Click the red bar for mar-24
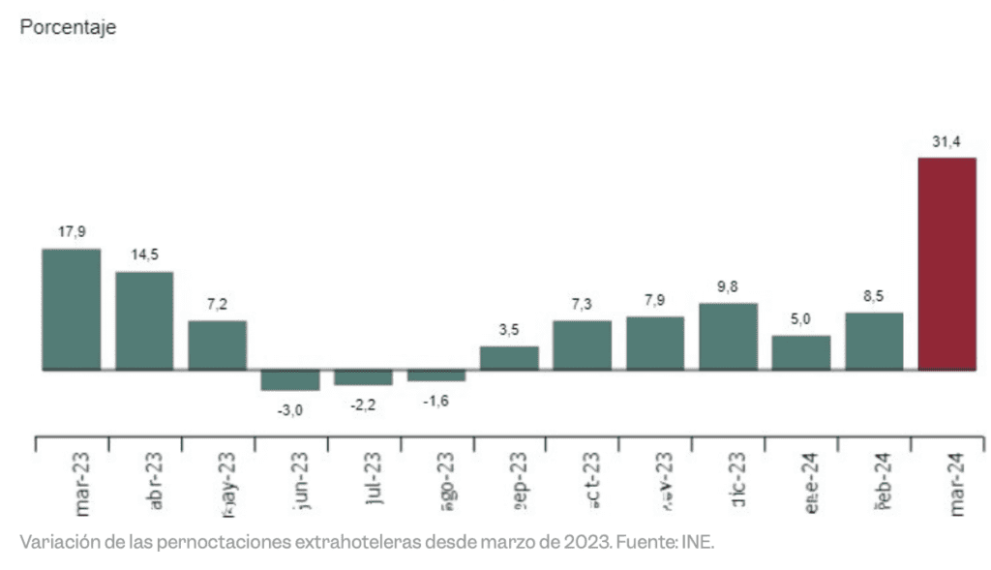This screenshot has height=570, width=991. pyautogui.click(x=946, y=263)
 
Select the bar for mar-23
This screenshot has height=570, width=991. pyautogui.click(x=71, y=310)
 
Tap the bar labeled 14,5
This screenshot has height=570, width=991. pyautogui.click(x=144, y=320)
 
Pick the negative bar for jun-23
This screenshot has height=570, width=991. pyautogui.click(x=289, y=379)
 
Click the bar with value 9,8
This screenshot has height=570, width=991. pyautogui.click(x=728, y=336)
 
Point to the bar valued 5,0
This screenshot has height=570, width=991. pyautogui.click(x=800, y=352)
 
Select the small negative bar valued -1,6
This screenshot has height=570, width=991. pyautogui.click(x=435, y=375)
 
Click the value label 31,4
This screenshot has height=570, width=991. pyautogui.click(x=946, y=142)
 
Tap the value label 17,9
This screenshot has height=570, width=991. pyautogui.click(x=71, y=232)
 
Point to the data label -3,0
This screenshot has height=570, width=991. pyautogui.click(x=289, y=410)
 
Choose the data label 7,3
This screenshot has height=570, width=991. pyautogui.click(x=582, y=304)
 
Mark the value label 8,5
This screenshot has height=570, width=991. pyautogui.click(x=874, y=296)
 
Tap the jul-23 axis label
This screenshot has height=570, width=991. pyautogui.click(x=374, y=481)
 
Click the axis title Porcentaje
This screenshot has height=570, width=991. pyautogui.click(x=68, y=28)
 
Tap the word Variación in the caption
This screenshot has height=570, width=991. pyautogui.click(x=54, y=542)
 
